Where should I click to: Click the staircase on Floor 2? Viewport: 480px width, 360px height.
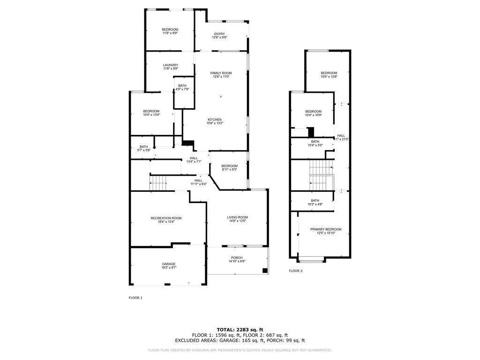pos(321,174)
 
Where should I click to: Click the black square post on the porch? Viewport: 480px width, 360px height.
pos(265,270)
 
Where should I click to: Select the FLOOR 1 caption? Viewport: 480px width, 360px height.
pos(135,298)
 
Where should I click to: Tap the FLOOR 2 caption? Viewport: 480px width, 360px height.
pos(296,271)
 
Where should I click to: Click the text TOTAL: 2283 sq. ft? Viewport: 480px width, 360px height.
pos(240,330)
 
